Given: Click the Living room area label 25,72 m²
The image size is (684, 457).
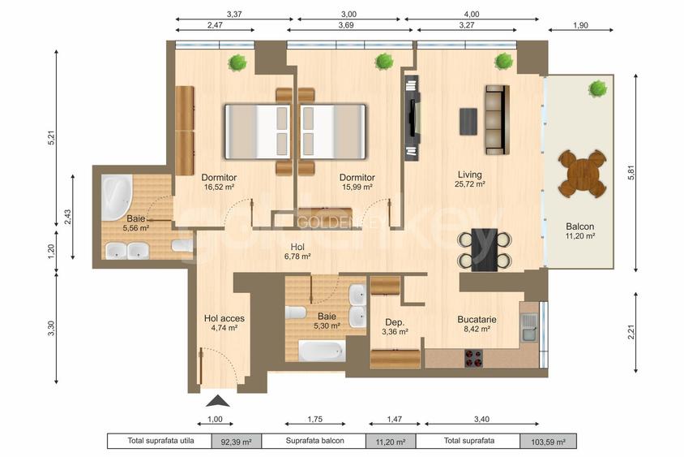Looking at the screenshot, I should point(470,184).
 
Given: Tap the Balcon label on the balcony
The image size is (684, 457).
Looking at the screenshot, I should point(579,226).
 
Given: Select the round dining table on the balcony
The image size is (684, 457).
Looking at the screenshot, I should point(582,173).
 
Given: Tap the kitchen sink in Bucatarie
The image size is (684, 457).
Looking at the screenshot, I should point(529,327).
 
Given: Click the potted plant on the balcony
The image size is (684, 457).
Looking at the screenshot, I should point(598,87).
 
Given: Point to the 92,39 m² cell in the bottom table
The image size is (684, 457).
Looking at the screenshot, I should point(236,442).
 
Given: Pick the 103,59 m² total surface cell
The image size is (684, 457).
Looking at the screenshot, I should point(548,442).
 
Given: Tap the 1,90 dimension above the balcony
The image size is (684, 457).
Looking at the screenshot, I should point(580,25).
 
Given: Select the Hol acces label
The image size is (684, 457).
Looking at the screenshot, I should point(224,318).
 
